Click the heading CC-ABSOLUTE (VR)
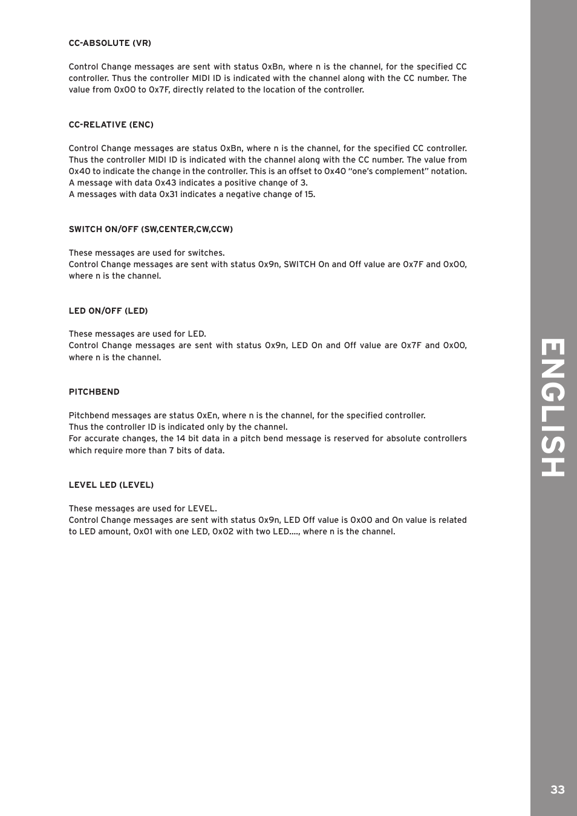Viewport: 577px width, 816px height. (x=109, y=44)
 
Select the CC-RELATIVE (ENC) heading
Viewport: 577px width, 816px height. (x=111, y=125)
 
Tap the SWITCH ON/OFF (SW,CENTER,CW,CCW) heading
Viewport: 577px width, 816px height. (x=151, y=230)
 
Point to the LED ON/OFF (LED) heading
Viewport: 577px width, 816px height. (x=108, y=311)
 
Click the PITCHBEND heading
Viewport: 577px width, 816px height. (x=94, y=392)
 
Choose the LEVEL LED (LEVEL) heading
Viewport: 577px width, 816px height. (x=111, y=485)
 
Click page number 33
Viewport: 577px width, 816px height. (x=557, y=790)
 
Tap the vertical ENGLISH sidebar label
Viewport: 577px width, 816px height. (x=553, y=408)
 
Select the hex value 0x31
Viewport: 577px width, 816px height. (x=169, y=195)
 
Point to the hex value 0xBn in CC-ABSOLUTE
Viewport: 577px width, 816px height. (x=272, y=67)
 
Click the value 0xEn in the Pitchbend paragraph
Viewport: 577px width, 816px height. (x=207, y=416)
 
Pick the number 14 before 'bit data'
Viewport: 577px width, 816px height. (x=181, y=439)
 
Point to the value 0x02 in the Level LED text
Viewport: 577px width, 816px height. (x=223, y=532)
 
